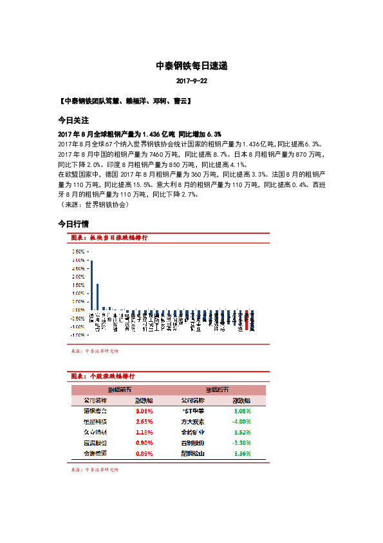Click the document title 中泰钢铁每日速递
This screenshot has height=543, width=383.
click(192, 66)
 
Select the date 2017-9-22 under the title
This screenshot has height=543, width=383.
click(192, 83)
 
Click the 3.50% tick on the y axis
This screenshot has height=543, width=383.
click(79, 251)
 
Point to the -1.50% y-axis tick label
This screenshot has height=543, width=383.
click(78, 335)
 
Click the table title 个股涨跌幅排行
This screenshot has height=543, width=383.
click(110, 375)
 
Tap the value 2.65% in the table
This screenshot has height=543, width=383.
click(144, 420)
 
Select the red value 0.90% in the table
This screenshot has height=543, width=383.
click(144, 443)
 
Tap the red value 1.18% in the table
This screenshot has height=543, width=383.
click(144, 432)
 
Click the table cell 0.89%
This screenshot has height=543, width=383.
click(144, 454)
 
